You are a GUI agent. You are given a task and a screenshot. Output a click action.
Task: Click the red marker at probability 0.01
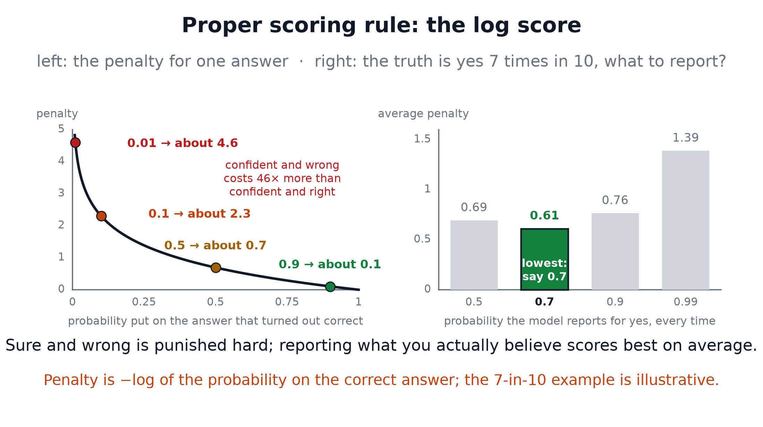coord(75,142)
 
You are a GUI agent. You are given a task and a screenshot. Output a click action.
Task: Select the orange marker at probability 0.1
coord(101,216)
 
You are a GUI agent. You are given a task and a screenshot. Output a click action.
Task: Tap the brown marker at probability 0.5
coord(216,268)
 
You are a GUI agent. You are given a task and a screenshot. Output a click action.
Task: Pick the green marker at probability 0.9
coord(330,287)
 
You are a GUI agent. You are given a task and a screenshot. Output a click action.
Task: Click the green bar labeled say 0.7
coord(545,259)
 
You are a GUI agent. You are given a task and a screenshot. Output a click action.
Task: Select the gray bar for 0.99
coord(686,220)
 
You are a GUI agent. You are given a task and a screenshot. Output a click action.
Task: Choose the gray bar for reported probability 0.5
coord(474,255)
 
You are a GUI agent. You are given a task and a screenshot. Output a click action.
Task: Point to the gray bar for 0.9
coord(615,251)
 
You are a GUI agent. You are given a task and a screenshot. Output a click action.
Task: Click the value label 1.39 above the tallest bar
coord(686,138)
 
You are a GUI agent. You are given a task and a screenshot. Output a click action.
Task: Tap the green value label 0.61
coord(545,216)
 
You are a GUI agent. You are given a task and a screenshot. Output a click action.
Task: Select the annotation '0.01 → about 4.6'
coord(182,143)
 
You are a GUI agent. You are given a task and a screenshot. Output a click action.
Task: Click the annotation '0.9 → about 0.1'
coord(330,264)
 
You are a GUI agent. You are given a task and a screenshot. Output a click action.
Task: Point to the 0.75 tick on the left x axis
coord(287,302)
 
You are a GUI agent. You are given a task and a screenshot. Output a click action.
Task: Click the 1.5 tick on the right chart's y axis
coord(422,139)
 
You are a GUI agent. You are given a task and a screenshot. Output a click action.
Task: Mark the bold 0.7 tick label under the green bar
coord(545,302)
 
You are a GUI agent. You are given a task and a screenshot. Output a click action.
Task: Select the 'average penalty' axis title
coord(423,114)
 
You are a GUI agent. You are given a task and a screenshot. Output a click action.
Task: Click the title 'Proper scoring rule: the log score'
coord(381,26)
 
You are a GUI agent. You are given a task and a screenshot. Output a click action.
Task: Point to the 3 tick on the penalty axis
coord(61,193)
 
